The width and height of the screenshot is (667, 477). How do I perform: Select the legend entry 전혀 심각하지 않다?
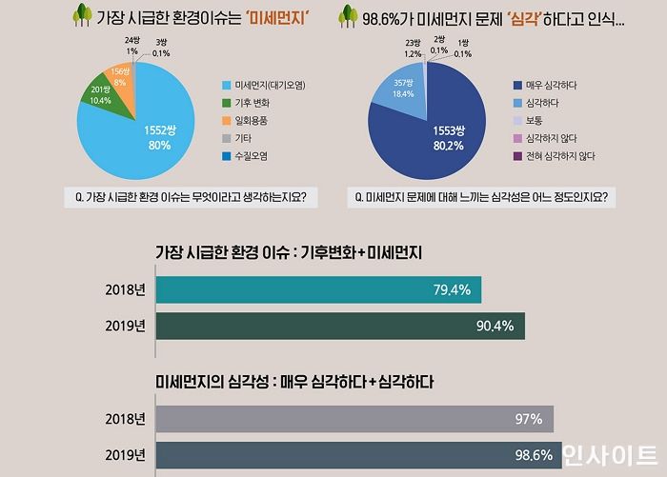(x=557, y=155)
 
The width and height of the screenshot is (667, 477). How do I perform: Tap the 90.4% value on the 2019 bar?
(x=495, y=327)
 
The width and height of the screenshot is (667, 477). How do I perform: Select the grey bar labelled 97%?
(x=353, y=419)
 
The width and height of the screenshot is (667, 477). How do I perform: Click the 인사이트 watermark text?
(x=609, y=455)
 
